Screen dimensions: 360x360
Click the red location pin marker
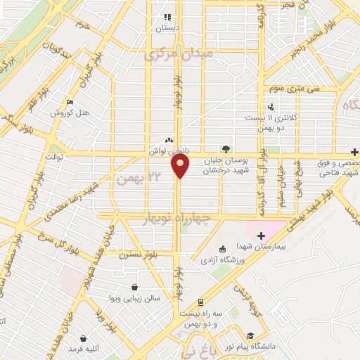click(181, 166)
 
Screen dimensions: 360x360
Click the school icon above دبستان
click(167, 17)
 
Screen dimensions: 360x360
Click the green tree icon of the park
click(226, 149)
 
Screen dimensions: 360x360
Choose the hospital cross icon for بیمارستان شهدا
click(261, 236)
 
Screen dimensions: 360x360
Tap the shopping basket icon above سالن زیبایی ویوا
click(134, 287)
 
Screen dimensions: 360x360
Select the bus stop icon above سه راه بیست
click(201, 302)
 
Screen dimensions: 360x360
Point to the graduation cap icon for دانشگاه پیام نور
click(251, 335)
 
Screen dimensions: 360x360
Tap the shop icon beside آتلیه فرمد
click(84, 338)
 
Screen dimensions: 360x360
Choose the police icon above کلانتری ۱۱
click(272, 106)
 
